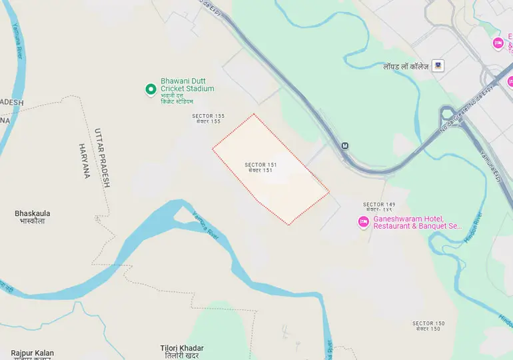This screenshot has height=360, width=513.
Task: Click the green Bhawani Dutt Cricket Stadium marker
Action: click(x=151, y=89)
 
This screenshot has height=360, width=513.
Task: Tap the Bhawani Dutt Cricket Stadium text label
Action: click(x=187, y=89)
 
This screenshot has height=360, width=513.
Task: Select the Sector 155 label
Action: click(x=208, y=119)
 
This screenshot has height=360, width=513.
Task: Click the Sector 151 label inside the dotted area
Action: click(x=260, y=167)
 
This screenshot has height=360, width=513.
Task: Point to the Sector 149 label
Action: click(x=379, y=207)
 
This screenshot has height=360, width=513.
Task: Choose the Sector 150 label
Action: click(x=428, y=326)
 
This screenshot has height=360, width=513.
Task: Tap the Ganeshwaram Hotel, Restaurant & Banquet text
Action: click(x=417, y=223)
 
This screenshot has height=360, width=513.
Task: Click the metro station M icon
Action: click(x=345, y=145)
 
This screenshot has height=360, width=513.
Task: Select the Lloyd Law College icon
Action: click(x=438, y=65)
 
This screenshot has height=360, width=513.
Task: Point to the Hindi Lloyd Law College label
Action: click(x=405, y=66)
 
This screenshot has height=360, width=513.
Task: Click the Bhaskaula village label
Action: click(x=32, y=217)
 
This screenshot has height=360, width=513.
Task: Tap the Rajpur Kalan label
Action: click(x=32, y=354)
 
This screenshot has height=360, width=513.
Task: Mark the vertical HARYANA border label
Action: click(x=84, y=161)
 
